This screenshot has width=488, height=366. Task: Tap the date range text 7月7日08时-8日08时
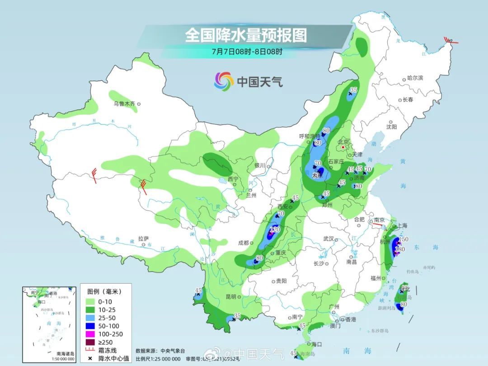[x=247, y=51]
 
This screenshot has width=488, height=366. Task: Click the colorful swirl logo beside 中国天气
[x=223, y=81]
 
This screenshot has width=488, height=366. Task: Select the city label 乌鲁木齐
[x=124, y=104]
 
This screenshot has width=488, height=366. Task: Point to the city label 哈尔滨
[x=415, y=78]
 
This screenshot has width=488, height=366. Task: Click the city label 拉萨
[x=143, y=239]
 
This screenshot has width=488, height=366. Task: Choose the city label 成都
[x=243, y=243]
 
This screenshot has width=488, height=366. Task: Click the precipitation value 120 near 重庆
[x=275, y=230]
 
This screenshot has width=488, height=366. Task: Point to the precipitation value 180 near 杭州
[x=400, y=249]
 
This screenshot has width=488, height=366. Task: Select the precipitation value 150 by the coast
[x=404, y=239]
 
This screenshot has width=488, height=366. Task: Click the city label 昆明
[x=230, y=297]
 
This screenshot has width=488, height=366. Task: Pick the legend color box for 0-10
[x=90, y=301]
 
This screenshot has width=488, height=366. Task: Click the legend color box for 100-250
[x=90, y=334]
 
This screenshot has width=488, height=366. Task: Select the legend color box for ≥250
[x=90, y=342]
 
